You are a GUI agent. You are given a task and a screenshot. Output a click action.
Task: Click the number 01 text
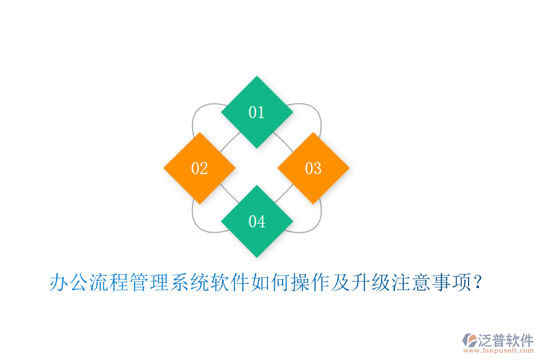tap(257, 112)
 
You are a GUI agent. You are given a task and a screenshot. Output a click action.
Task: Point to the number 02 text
tap(199, 169)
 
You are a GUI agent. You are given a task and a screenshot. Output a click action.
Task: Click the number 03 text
tap(313, 169)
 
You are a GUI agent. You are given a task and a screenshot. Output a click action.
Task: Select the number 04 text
tap(257, 221)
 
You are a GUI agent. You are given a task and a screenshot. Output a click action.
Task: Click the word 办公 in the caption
tap(69, 282)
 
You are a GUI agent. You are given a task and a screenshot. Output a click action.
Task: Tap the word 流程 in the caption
tap(109, 282)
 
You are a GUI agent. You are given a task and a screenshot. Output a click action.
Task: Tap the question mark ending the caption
tap(478, 282)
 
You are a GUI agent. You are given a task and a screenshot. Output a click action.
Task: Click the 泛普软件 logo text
tap(506, 340)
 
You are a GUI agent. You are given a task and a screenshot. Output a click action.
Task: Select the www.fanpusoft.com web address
tap(498, 351)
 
